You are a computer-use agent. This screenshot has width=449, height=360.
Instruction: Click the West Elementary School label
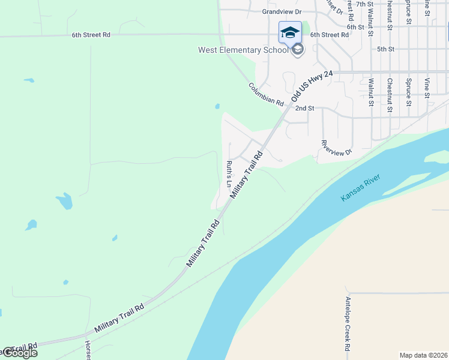click(243, 50)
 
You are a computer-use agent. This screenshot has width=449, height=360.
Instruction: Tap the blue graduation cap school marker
click(290, 32)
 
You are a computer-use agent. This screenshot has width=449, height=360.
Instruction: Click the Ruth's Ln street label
click(229, 174)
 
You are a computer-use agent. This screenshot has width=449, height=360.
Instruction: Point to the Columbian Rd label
click(266, 94)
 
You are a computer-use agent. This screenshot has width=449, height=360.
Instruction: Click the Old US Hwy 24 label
click(312, 86)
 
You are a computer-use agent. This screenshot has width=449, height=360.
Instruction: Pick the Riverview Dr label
click(336, 148)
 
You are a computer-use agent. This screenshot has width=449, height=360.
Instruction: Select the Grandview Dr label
click(281, 11)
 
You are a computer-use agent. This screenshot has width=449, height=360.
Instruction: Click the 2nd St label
click(305, 108)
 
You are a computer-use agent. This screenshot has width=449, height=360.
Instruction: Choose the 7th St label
click(364, 4)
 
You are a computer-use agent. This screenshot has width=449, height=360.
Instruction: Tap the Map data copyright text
click(424, 355)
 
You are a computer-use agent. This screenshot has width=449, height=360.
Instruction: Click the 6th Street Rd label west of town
click(91, 35)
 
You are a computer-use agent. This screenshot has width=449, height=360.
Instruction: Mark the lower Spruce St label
click(408, 91)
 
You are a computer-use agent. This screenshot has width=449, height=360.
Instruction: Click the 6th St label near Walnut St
click(355, 27)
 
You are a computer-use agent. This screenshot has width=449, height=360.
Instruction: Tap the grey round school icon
click(298, 49)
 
